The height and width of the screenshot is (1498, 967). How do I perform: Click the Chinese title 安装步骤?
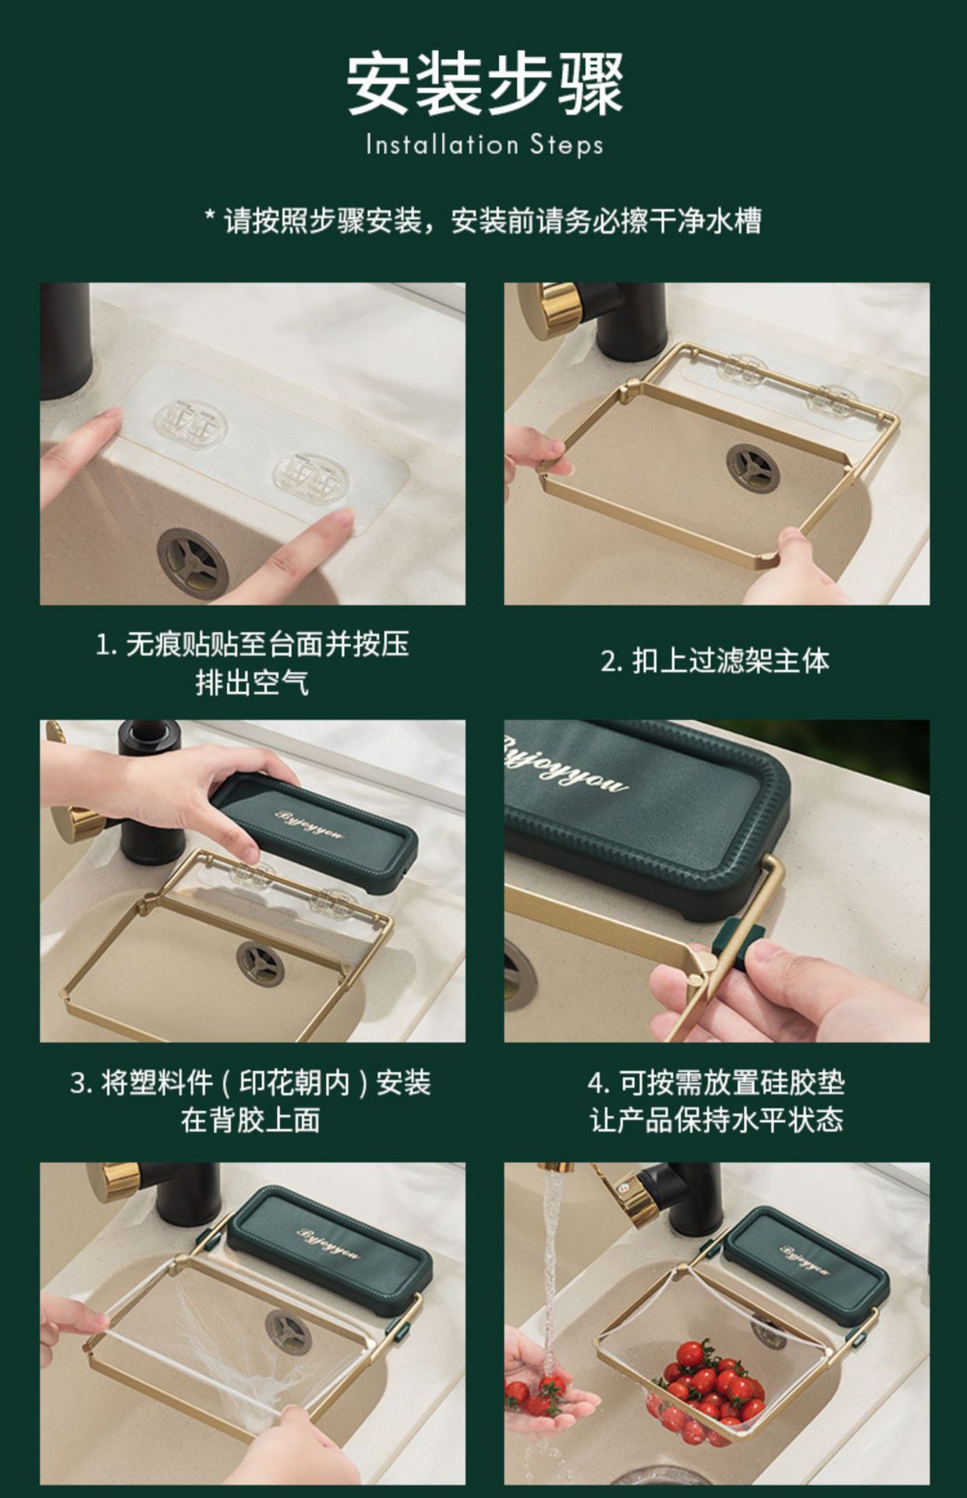(484, 83)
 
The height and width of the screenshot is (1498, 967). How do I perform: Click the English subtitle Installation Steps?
(484, 145)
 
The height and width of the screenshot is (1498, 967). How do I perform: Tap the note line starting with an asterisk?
(483, 221)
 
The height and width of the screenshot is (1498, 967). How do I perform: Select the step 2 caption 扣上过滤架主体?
(716, 661)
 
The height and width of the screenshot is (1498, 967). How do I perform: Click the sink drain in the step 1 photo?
(193, 563)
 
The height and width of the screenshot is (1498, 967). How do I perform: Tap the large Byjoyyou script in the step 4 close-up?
(565, 768)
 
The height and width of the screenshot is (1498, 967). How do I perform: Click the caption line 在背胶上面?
(250, 1120)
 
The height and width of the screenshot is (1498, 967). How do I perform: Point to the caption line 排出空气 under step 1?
(251, 683)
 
